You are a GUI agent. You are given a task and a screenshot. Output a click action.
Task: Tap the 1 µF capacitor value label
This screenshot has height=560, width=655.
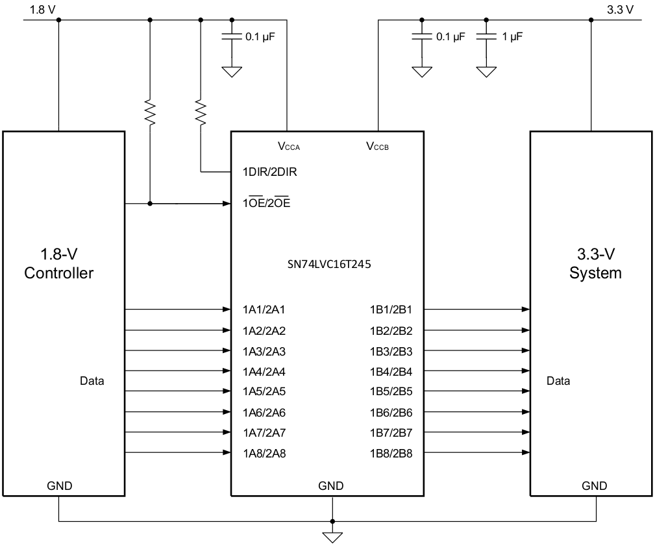click(x=512, y=37)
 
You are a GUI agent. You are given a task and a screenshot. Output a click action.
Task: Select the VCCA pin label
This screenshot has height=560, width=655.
click(x=289, y=147)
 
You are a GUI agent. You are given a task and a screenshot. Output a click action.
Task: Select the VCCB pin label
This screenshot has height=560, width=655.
click(x=378, y=147)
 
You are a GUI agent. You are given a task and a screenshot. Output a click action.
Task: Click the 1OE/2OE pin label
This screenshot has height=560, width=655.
click(x=266, y=204)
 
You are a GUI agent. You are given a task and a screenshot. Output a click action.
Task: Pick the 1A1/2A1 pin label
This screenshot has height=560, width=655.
click(x=263, y=310)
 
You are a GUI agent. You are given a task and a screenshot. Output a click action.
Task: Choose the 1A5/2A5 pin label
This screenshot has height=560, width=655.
click(x=263, y=391)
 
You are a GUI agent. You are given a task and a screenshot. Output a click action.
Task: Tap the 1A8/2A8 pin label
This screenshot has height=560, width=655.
click(x=263, y=453)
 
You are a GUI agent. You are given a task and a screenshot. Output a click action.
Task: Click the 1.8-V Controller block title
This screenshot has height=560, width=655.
click(x=58, y=263)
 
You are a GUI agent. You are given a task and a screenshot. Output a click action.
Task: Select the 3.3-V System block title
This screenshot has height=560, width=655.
click(x=595, y=263)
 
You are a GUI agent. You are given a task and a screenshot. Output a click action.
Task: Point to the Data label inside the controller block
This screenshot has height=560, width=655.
click(x=92, y=381)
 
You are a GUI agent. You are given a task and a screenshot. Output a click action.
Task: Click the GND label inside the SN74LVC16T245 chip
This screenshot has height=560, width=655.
click(x=331, y=486)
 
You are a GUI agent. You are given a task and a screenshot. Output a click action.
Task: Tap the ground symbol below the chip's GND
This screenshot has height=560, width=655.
click(x=332, y=536)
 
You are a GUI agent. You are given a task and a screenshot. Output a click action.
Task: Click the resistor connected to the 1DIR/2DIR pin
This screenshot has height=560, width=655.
click(x=200, y=112)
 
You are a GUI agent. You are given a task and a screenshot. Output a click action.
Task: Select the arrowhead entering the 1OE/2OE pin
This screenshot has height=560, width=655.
click(x=227, y=204)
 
